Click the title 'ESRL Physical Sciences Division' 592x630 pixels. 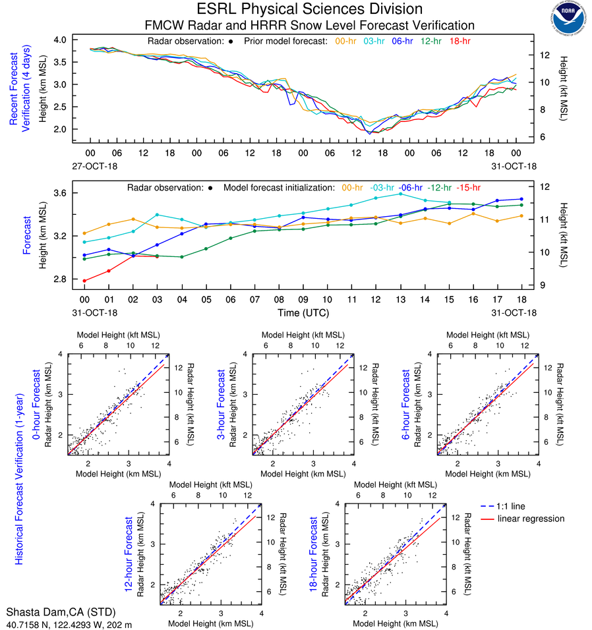tap(310, 9)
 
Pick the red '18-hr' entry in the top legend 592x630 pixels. tap(459, 41)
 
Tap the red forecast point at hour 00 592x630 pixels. tap(84, 281)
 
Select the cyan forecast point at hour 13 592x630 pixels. tap(400, 194)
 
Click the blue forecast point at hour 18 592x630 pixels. tap(521, 199)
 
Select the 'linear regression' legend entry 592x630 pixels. tap(531, 519)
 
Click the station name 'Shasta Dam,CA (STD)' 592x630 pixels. tap(51, 612)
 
